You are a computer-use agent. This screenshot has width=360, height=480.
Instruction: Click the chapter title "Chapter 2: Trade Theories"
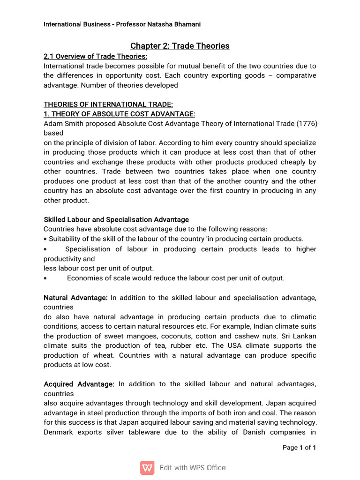180,46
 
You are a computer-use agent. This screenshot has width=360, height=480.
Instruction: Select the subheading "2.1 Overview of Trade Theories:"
95,57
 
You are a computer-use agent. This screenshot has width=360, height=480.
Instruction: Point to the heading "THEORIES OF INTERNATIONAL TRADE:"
102,104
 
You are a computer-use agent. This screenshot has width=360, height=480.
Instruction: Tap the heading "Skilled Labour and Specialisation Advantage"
116,219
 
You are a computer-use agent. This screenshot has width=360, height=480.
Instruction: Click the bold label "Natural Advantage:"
75,298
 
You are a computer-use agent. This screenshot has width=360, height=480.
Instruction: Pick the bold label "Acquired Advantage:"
79,384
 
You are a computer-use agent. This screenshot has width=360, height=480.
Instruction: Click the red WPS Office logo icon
147,468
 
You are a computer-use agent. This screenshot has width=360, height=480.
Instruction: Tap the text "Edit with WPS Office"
193,468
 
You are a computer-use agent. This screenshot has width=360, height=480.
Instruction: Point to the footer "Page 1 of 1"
300,448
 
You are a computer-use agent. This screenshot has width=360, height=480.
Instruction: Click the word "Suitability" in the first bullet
66,239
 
